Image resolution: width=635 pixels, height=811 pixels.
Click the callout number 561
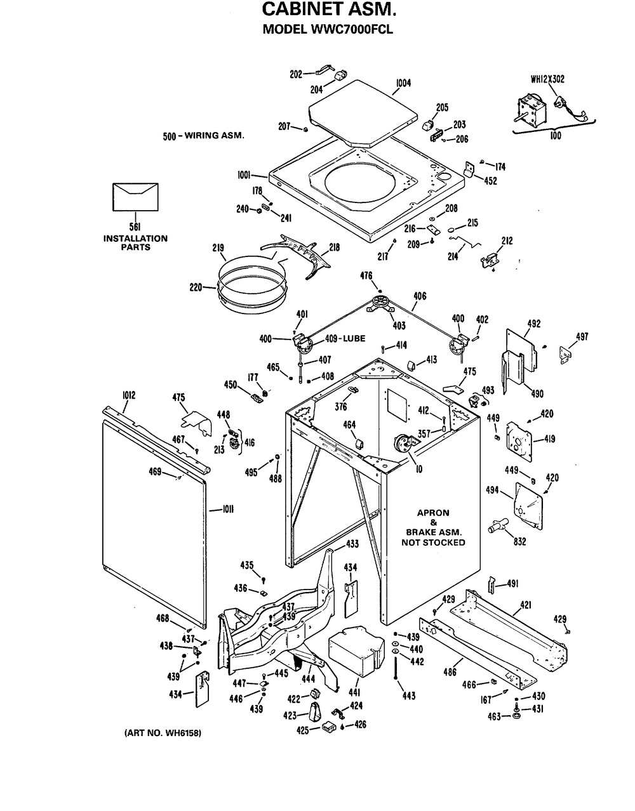point(135,227)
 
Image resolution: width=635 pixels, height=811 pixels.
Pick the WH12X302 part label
point(547,79)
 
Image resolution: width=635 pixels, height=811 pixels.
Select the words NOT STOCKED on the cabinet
point(432,543)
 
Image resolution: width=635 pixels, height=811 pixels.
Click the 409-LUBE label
point(345,339)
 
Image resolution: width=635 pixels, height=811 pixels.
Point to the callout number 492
point(533,323)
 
